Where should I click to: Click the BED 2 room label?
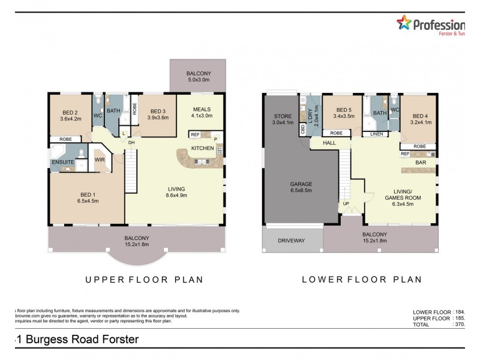(x=70, y=112)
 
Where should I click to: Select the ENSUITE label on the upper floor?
(x=62, y=162)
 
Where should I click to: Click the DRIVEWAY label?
(x=292, y=241)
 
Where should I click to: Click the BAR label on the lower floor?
(x=421, y=162)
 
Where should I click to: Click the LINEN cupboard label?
(x=377, y=133)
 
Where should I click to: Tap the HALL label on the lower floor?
(x=329, y=143)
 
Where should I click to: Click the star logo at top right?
(x=404, y=24)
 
